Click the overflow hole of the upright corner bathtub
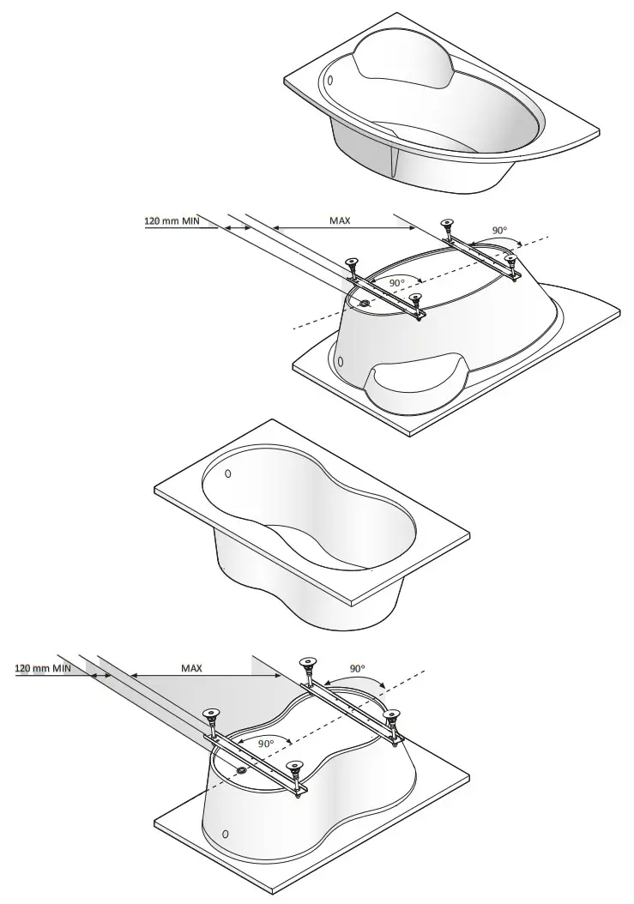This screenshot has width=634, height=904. (x=330, y=80)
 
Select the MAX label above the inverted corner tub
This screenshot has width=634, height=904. (x=340, y=220)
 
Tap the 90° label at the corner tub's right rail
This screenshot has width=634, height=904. (x=498, y=231)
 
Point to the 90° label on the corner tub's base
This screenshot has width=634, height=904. (x=397, y=282)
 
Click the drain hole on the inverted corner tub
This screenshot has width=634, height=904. (x=365, y=302)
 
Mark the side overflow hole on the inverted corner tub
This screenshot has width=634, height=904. (x=341, y=361)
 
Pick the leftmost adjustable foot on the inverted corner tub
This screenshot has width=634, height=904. (x=351, y=263)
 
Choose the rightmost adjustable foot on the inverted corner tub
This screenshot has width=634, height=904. (x=511, y=258)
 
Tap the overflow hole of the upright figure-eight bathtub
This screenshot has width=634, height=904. (x=227, y=473)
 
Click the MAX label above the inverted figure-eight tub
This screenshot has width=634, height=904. (x=191, y=667)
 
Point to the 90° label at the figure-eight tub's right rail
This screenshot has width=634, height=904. (x=358, y=667)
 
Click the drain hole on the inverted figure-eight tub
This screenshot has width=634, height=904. (x=243, y=770)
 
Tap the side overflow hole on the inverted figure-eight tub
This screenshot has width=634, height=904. (x=225, y=834)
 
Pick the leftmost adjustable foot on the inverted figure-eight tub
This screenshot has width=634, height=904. (x=208, y=717)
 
